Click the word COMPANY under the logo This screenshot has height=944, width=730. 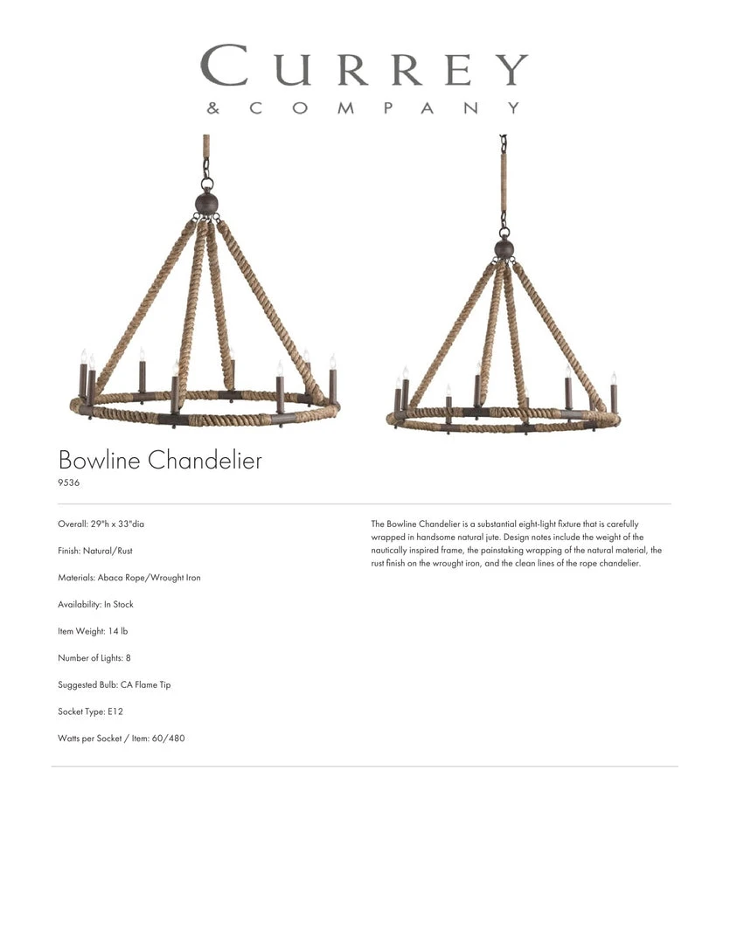pyautogui.click(x=385, y=108)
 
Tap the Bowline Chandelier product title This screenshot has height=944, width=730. pyautogui.click(x=160, y=460)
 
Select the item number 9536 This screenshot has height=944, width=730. pyautogui.click(x=69, y=482)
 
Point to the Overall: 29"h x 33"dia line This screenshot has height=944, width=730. pyautogui.click(x=101, y=524)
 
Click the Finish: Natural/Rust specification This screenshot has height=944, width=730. pyautogui.click(x=95, y=551)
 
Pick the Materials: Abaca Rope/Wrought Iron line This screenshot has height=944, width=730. pyautogui.click(x=129, y=578)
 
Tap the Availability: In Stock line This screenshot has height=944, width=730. pyautogui.click(x=95, y=605)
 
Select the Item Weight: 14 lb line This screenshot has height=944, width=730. pyautogui.click(x=93, y=631)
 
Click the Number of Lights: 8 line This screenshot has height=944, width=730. pyautogui.click(x=94, y=658)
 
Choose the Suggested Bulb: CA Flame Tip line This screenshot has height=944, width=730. pyautogui.click(x=115, y=685)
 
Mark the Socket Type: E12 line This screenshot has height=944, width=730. pyautogui.click(x=90, y=712)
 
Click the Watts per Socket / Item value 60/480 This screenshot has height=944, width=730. pyautogui.click(x=171, y=739)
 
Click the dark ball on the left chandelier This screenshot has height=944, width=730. pyautogui.click(x=206, y=205)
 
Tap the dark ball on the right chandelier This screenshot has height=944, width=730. pyautogui.click(x=504, y=249)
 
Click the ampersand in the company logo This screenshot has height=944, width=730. pyautogui.click(x=212, y=109)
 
